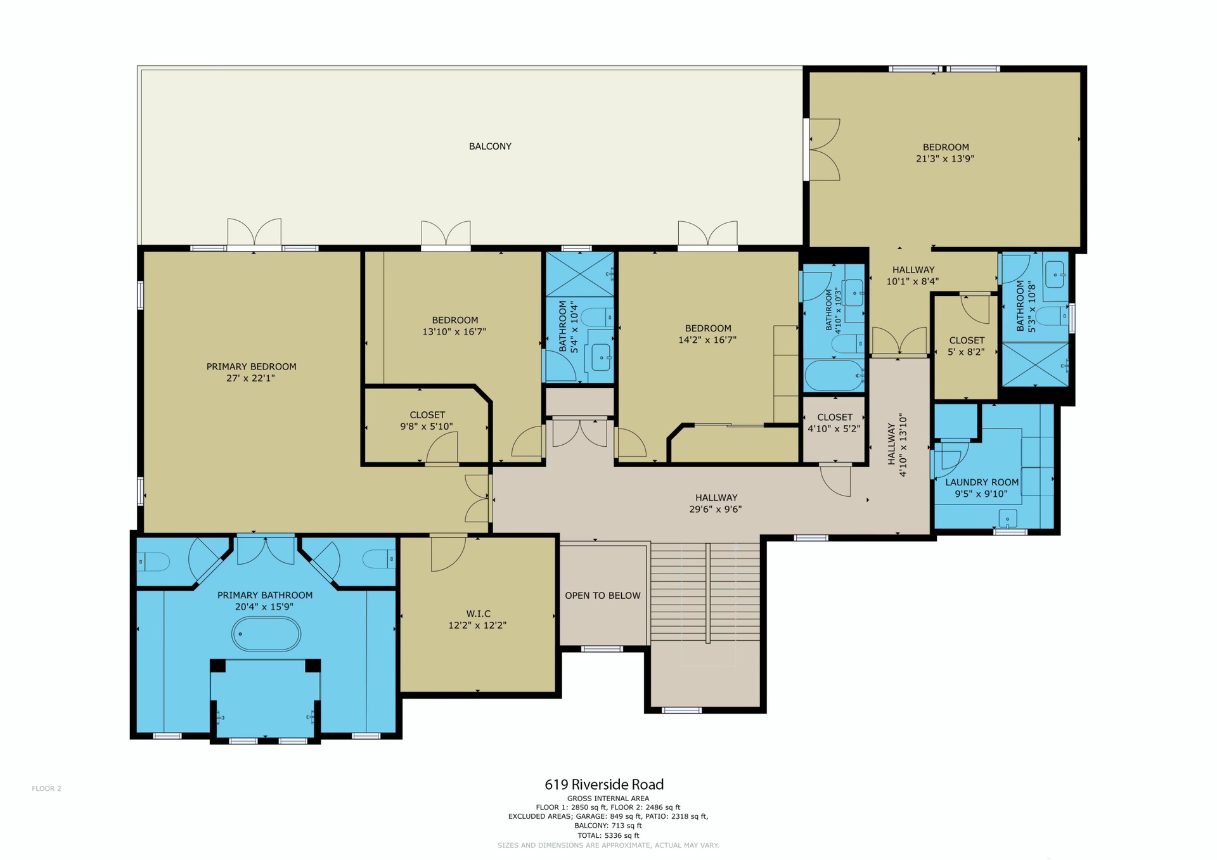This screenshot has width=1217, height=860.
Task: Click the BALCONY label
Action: pos(490,146)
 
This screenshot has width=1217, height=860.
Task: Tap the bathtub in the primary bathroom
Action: pos(266,634)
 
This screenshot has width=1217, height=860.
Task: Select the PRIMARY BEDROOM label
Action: pos(251,367)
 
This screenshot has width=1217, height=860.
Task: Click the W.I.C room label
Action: pos(479,613)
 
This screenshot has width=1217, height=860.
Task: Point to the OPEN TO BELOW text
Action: pos(603,596)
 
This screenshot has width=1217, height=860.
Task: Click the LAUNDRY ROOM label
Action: pos(982,482)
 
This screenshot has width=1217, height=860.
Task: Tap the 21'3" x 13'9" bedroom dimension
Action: pos(945,159)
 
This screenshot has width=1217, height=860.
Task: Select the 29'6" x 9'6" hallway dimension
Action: pos(716,509)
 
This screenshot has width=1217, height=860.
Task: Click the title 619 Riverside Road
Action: pos(604,785)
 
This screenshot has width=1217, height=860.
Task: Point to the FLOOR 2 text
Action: pos(46,788)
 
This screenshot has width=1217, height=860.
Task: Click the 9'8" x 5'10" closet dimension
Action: pos(427,427)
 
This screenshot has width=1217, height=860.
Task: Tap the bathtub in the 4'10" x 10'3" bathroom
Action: pos(834,375)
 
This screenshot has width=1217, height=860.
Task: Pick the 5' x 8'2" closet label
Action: pos(967,340)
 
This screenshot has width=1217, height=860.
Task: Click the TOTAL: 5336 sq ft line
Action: pos(608,835)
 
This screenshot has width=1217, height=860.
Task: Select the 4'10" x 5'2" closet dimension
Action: pos(834,428)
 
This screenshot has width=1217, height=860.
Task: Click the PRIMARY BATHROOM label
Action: pos(265,595)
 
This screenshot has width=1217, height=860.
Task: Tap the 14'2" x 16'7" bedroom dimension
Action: pos(707,340)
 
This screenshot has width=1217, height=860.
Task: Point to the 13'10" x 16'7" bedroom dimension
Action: pos(454,331)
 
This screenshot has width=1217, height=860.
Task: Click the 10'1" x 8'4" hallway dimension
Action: pos(913,281)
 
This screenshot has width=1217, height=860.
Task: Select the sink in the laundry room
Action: pos(1008,518)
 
